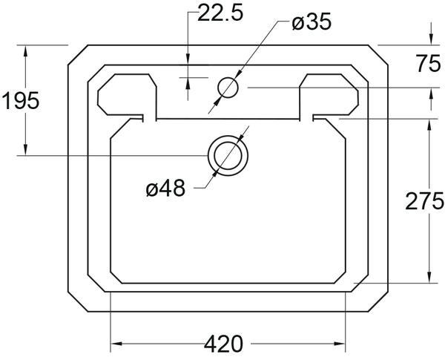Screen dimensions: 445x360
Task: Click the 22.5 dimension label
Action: tap(220, 13)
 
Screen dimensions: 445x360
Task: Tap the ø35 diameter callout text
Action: tap(311, 22)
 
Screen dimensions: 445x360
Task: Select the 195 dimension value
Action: tap(21, 101)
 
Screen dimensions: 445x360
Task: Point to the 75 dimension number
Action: tap(428, 65)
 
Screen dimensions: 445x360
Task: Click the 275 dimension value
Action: tap(424, 201)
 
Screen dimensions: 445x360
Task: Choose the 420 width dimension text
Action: tap(224, 344)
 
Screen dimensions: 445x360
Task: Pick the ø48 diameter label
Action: tap(165, 188)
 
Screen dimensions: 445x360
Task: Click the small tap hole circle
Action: tap(228, 88)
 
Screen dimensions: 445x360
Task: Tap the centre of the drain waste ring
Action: tap(228, 156)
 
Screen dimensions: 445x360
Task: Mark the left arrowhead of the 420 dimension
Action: tap(116, 344)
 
